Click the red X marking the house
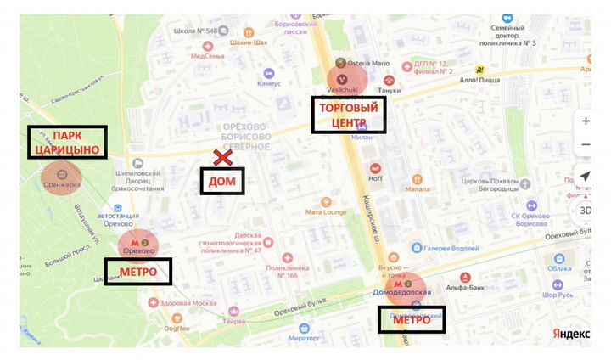click(x=224, y=157)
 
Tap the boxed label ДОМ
click(x=221, y=181)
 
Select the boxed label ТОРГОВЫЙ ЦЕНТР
click(x=349, y=115)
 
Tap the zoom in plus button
click(x=586, y=121)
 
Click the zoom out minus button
click(x=586, y=144)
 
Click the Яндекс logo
click(x=571, y=332)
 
